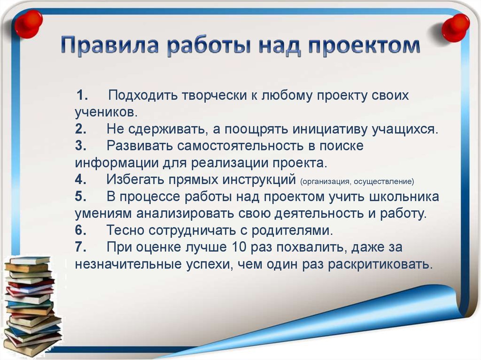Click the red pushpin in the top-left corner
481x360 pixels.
(x=28, y=23)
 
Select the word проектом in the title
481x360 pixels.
(x=364, y=46)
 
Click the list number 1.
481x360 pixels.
(x=82, y=95)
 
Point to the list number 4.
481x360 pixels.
(x=80, y=179)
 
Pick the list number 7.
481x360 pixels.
(x=80, y=247)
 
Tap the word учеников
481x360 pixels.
(x=106, y=113)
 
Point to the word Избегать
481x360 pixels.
(x=136, y=179)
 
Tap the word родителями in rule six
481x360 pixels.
(x=292, y=230)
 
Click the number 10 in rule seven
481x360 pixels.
(x=240, y=247)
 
